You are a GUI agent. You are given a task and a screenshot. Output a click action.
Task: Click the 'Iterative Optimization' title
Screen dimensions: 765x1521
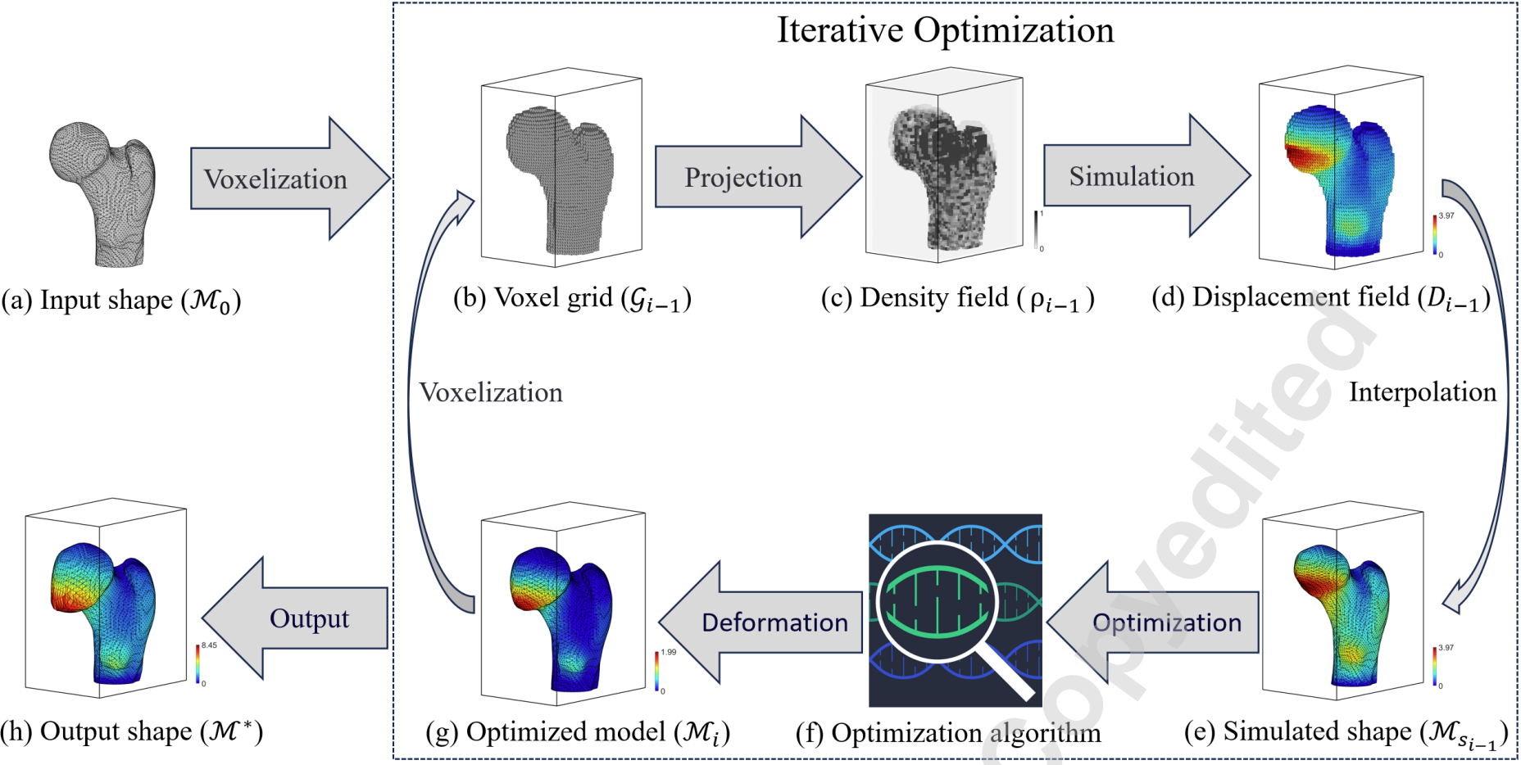tap(946, 31)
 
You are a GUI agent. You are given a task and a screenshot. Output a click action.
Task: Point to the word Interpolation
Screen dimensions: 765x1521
tap(1423, 392)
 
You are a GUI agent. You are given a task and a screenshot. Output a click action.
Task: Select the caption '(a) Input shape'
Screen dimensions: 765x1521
tap(120, 301)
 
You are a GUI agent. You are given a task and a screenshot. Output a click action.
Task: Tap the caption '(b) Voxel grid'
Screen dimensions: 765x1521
tap(572, 299)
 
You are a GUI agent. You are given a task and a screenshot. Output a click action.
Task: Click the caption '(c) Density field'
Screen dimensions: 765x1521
tap(957, 299)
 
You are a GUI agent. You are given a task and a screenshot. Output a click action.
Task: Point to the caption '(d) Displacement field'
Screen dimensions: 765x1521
tap(1320, 299)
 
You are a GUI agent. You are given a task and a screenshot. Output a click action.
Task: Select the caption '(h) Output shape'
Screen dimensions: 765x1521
tap(131, 731)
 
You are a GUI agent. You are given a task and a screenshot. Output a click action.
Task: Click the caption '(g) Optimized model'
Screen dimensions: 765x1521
tap(578, 732)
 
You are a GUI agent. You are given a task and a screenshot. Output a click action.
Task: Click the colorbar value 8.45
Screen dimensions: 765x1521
tap(210, 645)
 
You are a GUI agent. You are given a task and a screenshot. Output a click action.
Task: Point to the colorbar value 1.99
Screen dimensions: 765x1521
tap(669, 652)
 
